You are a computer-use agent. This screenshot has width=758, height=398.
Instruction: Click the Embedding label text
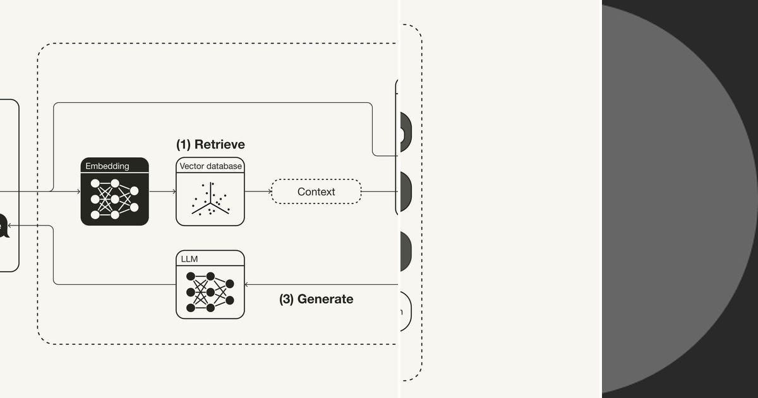[107, 166]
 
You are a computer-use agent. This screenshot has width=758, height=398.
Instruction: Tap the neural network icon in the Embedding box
[114, 199]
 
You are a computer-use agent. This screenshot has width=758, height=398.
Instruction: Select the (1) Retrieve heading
[210, 144]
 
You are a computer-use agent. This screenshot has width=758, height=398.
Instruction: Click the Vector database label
[210, 166]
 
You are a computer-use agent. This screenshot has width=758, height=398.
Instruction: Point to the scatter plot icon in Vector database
[210, 200]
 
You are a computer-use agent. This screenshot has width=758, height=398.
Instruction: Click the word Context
[316, 191]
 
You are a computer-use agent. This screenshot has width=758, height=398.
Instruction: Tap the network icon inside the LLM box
[210, 292]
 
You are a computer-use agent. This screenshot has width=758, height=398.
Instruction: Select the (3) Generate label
[316, 299]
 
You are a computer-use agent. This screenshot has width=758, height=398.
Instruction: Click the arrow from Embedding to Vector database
[162, 191]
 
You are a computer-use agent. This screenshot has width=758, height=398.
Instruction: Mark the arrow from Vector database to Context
[258, 191]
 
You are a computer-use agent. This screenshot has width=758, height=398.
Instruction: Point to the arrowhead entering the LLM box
[247, 285]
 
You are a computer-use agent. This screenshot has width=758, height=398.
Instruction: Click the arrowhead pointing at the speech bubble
[13, 226]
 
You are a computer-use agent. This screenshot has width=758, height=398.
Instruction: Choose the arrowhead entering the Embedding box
[77, 191]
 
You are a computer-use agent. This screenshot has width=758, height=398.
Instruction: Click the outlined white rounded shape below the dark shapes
[405, 311]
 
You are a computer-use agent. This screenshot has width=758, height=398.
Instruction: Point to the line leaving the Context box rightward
[379, 191]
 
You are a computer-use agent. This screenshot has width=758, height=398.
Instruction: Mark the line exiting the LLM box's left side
[114, 285]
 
